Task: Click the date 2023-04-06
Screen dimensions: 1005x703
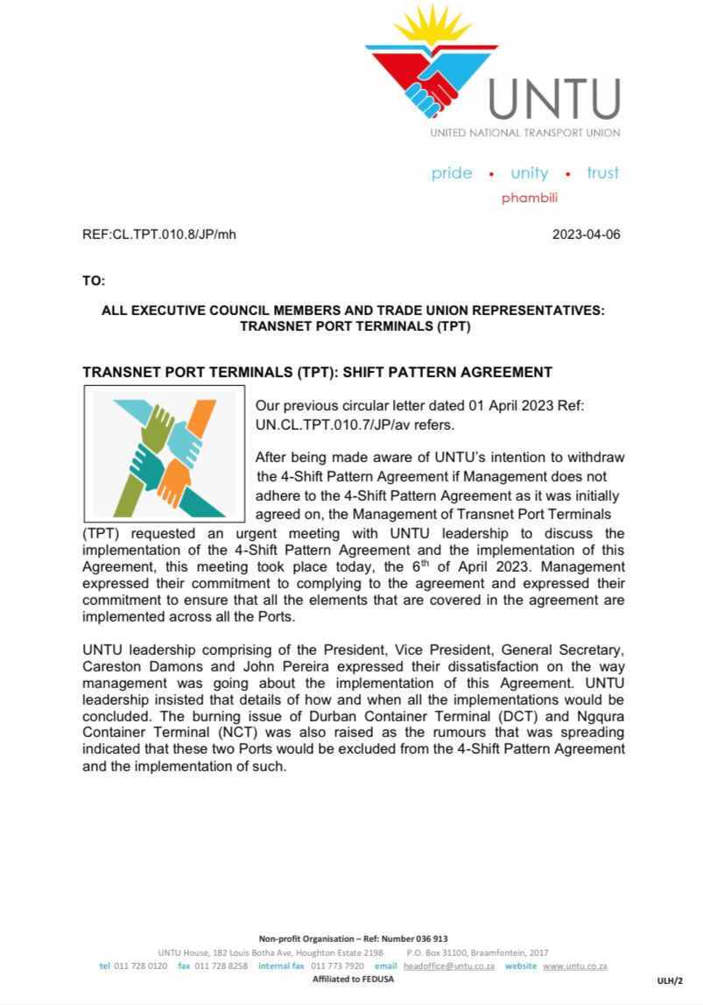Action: pyautogui.click(x=587, y=235)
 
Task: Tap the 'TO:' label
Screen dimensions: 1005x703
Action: pyautogui.click(x=93, y=281)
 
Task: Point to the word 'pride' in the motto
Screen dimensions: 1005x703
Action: pyautogui.click(x=452, y=173)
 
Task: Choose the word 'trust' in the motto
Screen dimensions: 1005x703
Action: pyautogui.click(x=602, y=173)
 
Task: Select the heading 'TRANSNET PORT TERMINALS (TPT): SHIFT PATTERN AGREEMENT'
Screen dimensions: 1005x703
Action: pyautogui.click(x=317, y=372)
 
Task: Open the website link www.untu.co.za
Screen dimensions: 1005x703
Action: pyautogui.click(x=575, y=966)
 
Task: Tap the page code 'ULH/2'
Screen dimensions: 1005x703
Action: pyautogui.click(x=670, y=982)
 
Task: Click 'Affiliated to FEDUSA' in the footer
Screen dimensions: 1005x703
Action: pyautogui.click(x=353, y=979)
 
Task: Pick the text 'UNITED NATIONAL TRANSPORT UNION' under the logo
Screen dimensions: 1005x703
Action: pyautogui.click(x=524, y=133)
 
